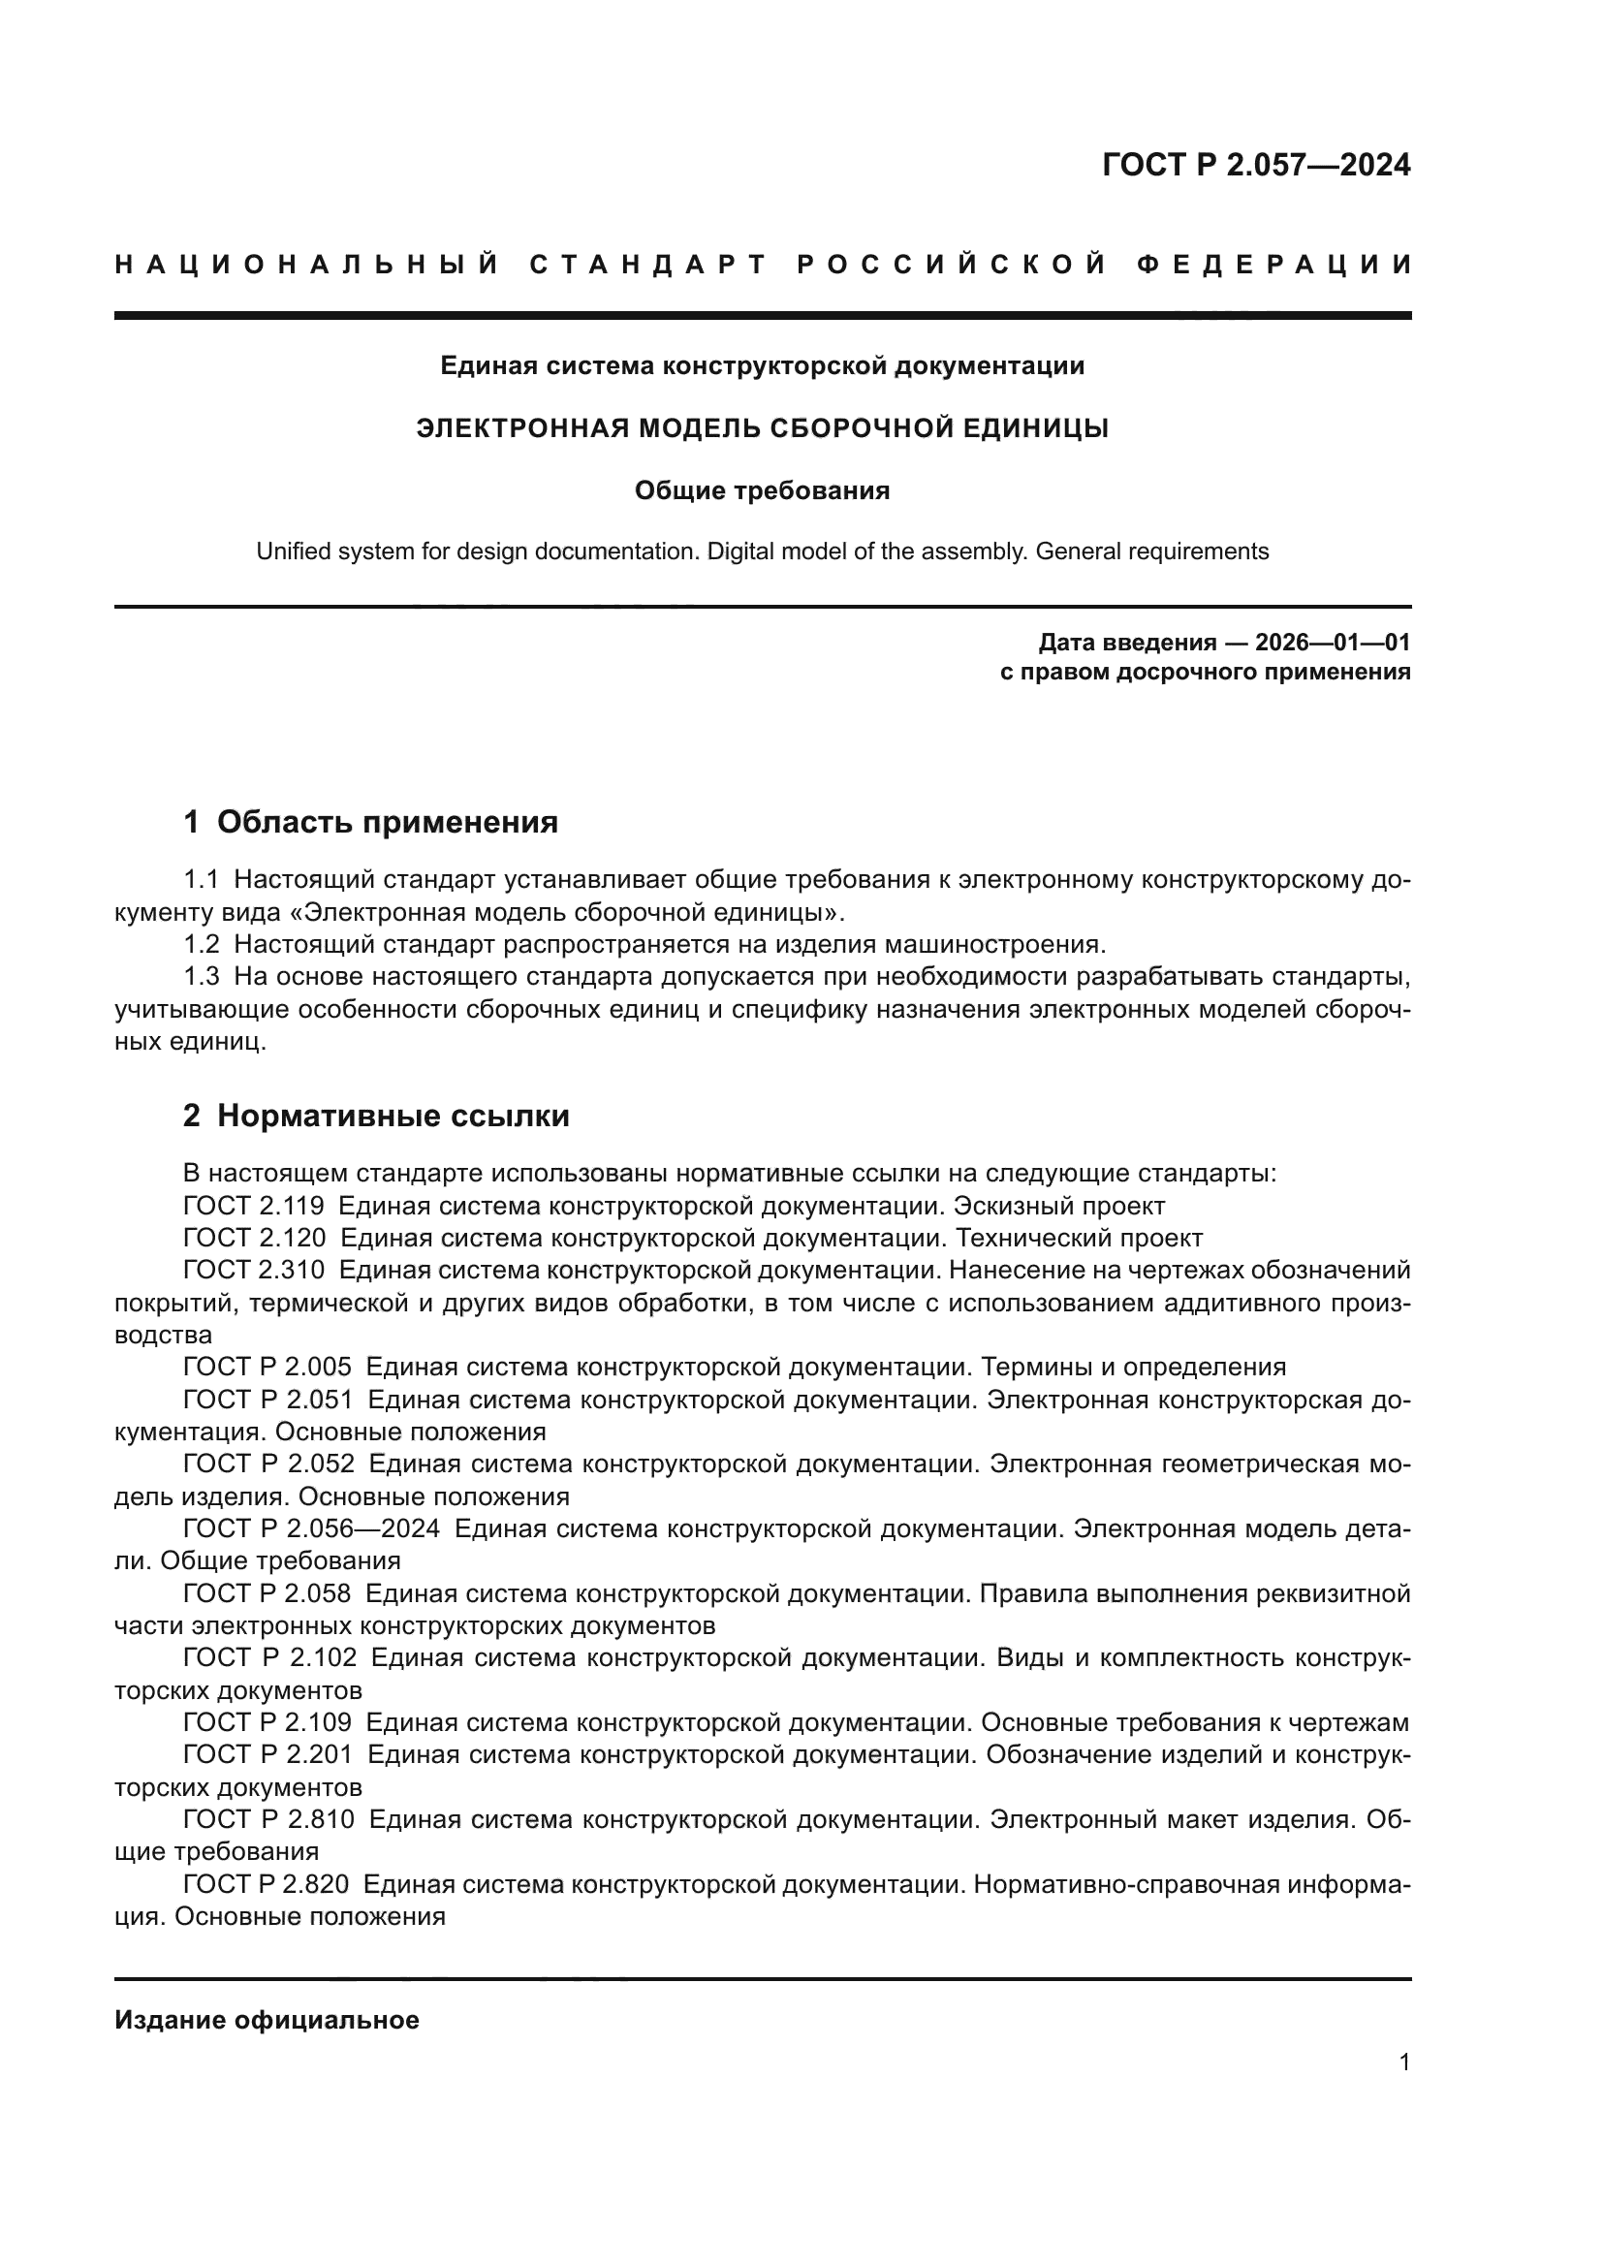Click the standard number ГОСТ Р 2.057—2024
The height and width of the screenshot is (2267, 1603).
1255,165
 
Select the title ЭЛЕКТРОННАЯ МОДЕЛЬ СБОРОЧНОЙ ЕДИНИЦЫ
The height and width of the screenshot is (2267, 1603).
762,428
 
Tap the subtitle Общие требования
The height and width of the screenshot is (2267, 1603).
762,490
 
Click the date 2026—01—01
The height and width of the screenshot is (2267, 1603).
1332,643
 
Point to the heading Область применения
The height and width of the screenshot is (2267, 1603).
387,822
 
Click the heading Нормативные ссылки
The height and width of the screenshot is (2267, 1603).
393,1116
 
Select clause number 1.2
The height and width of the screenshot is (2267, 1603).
202,945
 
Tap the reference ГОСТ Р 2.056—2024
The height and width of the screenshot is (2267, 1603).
311,1529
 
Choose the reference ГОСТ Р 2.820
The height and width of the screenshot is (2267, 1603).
266,1885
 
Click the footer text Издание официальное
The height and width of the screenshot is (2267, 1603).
267,2020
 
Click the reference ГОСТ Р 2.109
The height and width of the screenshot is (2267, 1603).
267,1723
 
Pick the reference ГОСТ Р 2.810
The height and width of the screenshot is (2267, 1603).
268,1820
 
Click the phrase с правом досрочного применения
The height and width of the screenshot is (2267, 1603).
1205,673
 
